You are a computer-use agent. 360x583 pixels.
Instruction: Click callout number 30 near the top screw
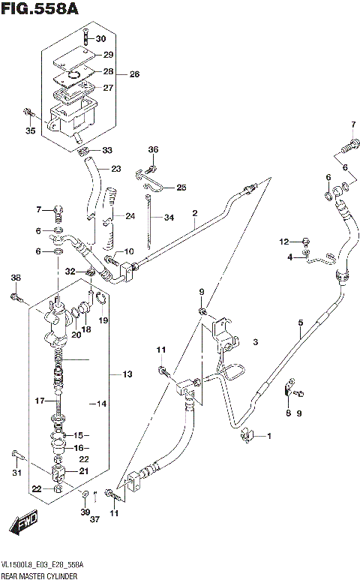[102, 39]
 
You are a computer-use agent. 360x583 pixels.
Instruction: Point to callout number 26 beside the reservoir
[134, 74]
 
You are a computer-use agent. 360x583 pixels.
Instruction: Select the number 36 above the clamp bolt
[153, 149]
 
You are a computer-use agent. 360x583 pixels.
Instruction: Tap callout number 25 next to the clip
[181, 187]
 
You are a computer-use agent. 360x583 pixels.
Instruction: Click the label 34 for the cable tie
[169, 218]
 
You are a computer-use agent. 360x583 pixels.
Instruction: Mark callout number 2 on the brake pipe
[194, 213]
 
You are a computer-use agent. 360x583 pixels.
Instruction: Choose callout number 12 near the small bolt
[283, 241]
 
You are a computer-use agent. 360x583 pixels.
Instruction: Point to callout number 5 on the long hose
[299, 323]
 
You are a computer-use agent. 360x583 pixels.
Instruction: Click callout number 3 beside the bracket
[255, 342]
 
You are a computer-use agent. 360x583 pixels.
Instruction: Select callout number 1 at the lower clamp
[270, 435]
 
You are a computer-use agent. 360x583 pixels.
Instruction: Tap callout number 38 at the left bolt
[15, 279]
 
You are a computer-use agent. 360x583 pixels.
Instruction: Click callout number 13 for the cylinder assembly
[127, 373]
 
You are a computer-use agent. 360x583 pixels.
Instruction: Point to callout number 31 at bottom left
[16, 472]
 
